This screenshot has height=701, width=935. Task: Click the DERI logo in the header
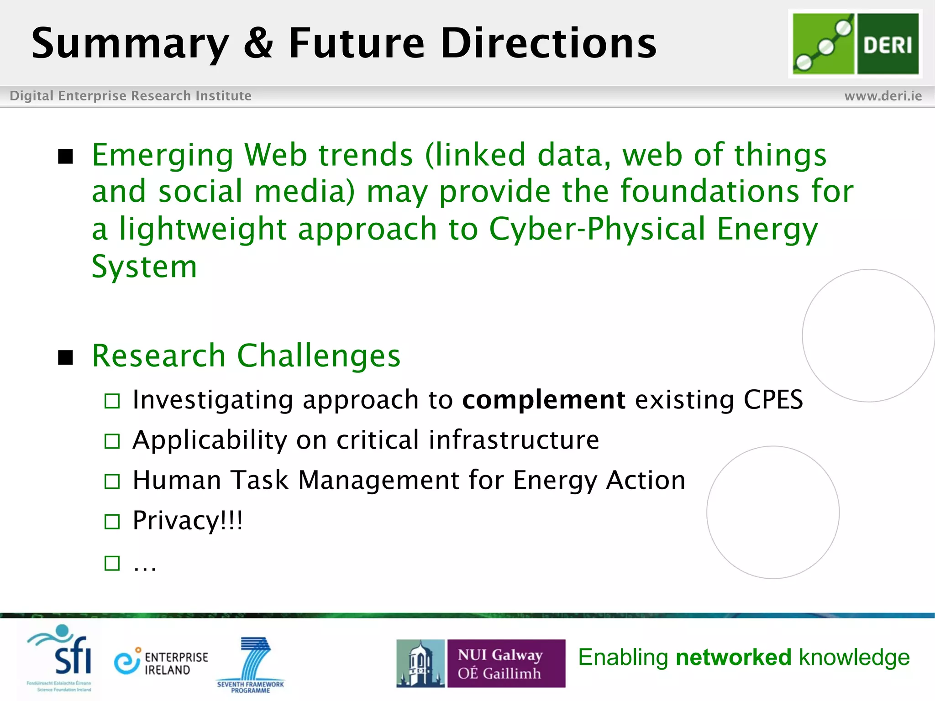[855, 44]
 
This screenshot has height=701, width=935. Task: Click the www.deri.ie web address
[882, 96]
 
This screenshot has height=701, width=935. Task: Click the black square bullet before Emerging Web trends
[66, 157]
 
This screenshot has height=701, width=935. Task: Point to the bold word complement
[543, 400]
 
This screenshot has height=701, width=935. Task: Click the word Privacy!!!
[188, 520]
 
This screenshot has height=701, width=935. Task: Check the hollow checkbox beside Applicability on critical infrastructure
[112, 441]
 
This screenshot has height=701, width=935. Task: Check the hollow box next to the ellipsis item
[112, 563]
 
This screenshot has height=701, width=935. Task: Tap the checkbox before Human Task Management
[112, 481]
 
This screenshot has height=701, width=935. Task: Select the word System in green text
[144, 267]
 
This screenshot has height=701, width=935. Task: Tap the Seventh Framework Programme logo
[251, 664]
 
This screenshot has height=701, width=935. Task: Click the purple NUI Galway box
[506, 664]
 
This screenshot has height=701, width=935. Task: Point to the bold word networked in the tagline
[733, 657]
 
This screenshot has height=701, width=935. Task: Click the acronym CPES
[773, 400]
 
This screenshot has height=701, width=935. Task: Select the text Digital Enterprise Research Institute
[131, 96]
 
